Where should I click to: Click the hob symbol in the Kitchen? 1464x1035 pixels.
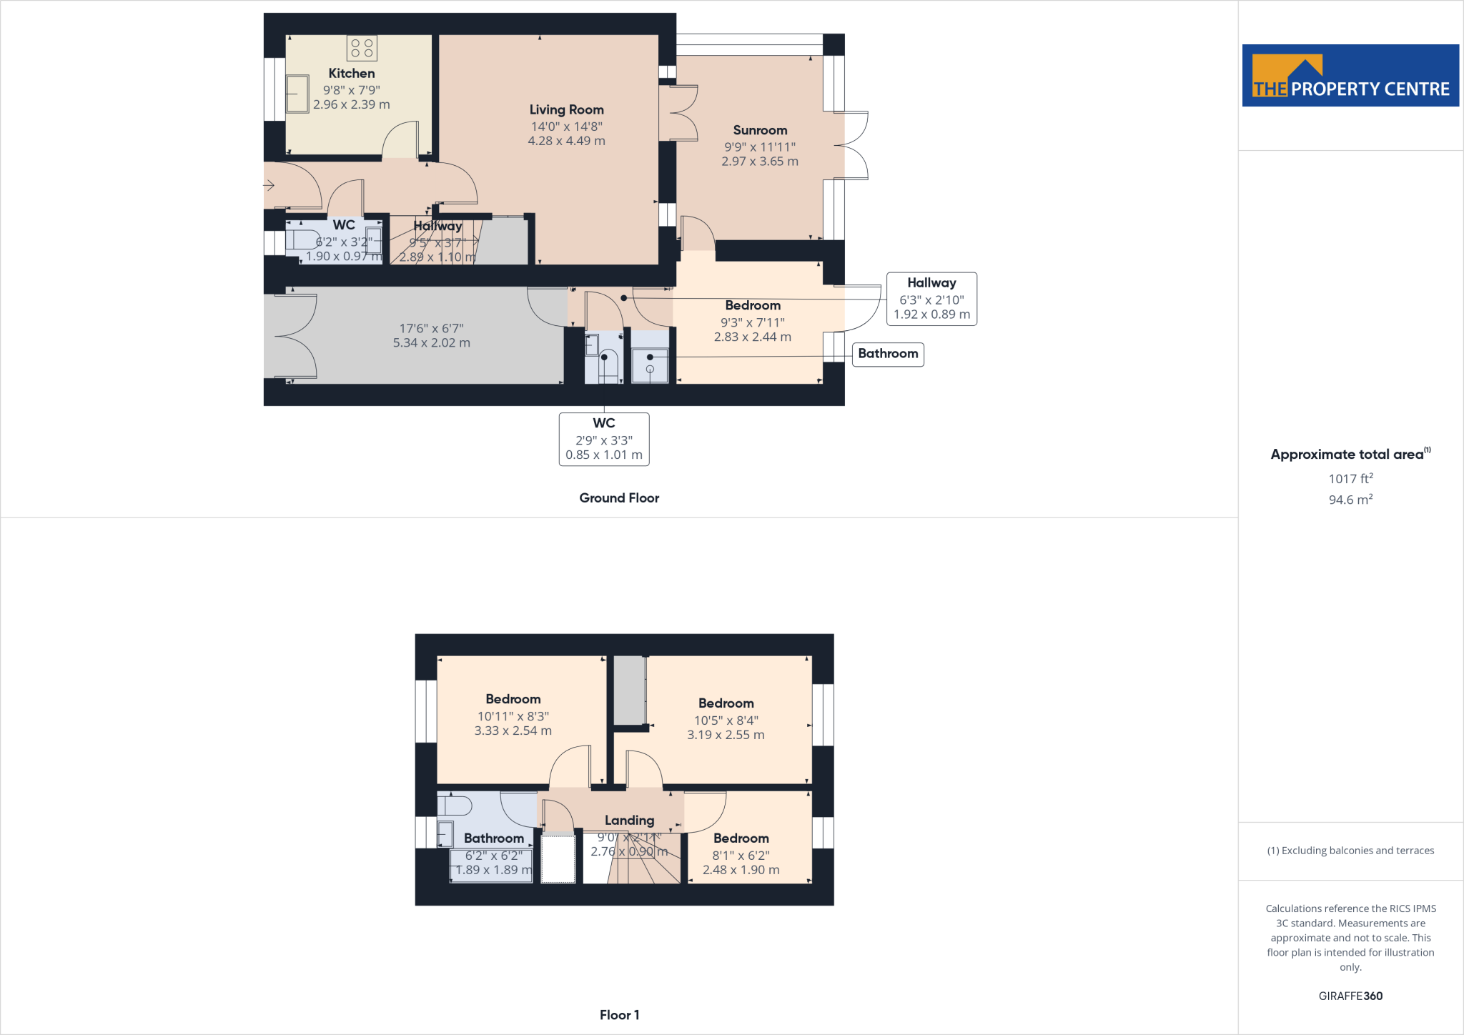[362, 48]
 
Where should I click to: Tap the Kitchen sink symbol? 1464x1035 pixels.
[297, 94]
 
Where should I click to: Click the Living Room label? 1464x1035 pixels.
[566, 109]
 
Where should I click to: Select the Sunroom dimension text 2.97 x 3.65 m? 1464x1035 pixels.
[759, 162]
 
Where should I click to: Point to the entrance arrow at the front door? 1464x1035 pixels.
[269, 186]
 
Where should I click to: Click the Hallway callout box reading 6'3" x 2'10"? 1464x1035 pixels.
[931, 299]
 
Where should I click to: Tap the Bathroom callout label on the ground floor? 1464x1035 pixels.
[888, 354]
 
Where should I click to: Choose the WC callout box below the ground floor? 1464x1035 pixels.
[604, 439]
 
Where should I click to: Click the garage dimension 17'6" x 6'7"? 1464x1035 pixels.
[431, 329]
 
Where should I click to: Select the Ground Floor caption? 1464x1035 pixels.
[619, 498]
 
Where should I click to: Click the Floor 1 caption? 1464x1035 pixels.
[619, 1015]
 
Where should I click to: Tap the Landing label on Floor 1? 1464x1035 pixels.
[629, 821]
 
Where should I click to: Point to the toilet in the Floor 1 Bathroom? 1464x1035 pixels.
[455, 806]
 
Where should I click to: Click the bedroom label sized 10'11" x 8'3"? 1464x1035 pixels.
[513, 699]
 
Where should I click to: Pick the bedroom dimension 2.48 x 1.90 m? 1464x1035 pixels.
[741, 870]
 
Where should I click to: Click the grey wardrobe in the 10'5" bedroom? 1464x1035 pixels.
[629, 690]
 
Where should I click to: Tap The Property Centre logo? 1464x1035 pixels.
[1350, 76]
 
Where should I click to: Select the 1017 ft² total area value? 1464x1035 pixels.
[1350, 479]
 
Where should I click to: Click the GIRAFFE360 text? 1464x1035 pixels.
[1350, 996]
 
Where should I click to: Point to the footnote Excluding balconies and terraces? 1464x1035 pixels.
[1350, 851]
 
